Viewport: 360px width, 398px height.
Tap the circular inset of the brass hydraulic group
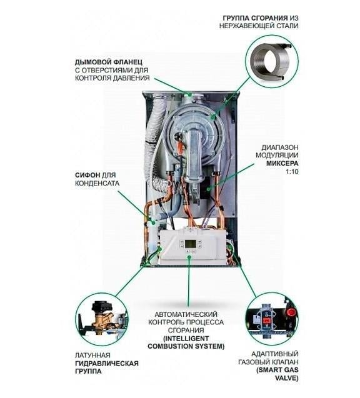pos(101,319)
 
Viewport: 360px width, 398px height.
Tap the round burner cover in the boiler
pos(197,119)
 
